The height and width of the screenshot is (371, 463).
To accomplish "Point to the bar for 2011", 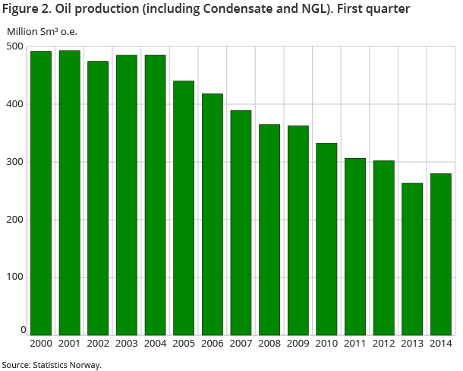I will pyautogui.click(x=354, y=246).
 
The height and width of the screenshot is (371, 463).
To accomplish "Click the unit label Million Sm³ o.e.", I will pyautogui.click(x=43, y=31).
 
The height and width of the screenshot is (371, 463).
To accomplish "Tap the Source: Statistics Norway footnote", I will pyautogui.click(x=52, y=364).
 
